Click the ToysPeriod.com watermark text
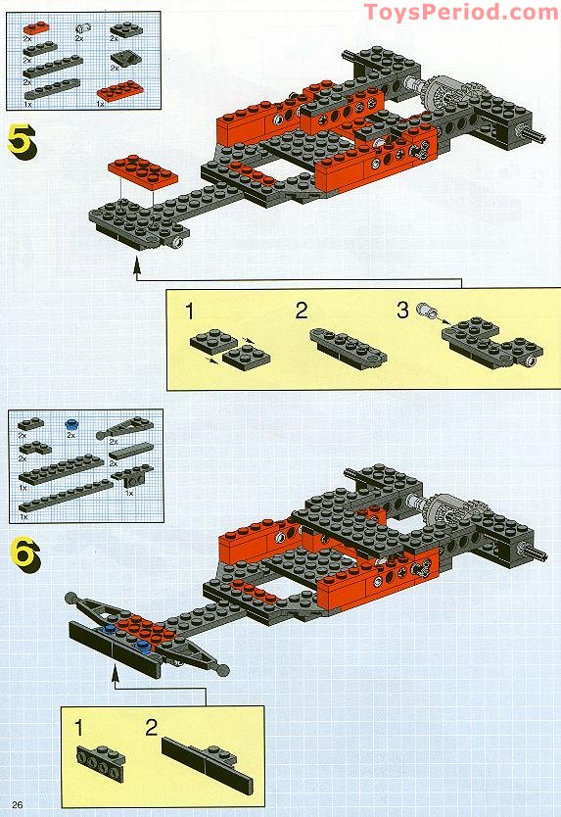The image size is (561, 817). (460, 12)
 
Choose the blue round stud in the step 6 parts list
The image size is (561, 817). (70, 426)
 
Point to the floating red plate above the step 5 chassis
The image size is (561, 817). (142, 168)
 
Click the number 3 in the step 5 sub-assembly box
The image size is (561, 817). (401, 312)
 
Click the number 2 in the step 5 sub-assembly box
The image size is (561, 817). (302, 312)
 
